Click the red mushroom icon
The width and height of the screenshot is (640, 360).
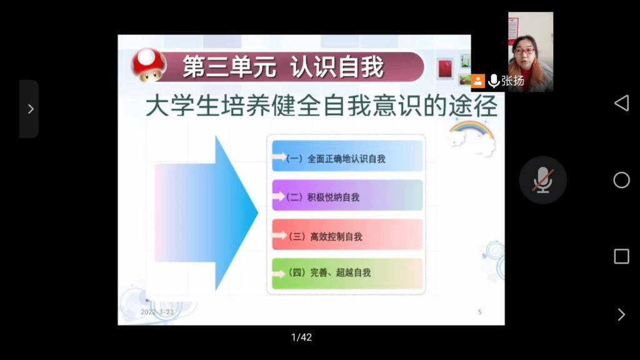pos(149,65)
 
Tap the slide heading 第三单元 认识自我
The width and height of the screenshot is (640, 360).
pos(283,67)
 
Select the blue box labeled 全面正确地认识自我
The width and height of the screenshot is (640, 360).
pos(347,156)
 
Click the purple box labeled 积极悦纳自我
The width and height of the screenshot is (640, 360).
pos(347,195)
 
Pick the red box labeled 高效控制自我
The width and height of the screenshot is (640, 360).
pos(347,234)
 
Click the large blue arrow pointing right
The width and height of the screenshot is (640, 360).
pos(206,212)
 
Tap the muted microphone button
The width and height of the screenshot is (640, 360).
pos(542,180)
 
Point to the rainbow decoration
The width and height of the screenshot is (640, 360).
pos(471,130)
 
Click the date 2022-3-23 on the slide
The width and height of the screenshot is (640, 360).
pos(157,312)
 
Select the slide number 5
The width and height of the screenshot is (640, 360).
pos(479,312)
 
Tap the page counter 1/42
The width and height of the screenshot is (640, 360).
pos(302,337)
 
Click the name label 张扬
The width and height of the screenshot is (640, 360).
pos(512,81)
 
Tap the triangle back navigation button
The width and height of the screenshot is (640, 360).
pos(621,103)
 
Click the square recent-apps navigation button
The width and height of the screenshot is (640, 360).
pos(622,256)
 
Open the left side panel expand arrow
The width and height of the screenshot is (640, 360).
pos(29,109)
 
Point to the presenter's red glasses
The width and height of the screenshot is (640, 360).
pos(524,51)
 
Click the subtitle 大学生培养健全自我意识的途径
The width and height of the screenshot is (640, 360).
pos(322,106)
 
